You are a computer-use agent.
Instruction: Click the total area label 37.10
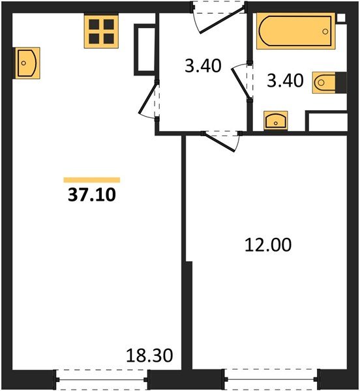tap(92, 195)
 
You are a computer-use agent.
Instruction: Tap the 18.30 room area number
tap(149, 356)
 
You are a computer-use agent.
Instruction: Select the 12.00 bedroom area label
tap(268, 245)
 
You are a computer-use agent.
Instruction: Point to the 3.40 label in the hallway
tap(203, 66)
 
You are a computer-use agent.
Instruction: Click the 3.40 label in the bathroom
tap(285, 81)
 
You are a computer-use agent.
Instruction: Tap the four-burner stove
tap(101, 31)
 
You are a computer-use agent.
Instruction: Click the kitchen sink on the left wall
tap(27, 63)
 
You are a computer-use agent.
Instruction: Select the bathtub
tap(296, 31)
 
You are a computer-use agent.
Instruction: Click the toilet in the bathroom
tap(324, 83)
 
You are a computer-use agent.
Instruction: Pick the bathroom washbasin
tap(276, 121)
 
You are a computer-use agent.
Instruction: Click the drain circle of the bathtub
tap(325, 31)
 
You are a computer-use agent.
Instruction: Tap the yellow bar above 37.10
tap(92, 180)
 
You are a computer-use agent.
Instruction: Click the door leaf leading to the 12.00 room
tap(220, 142)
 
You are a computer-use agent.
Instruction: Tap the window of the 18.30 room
tap(101, 379)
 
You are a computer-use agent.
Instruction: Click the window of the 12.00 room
tap(271, 379)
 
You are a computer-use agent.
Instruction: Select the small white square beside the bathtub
tap(341, 18)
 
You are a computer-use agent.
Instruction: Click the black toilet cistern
tap(341, 83)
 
